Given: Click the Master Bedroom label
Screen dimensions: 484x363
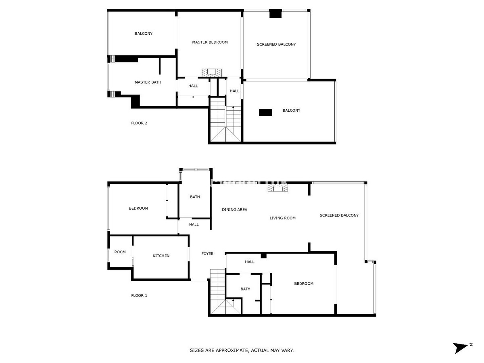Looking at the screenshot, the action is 210,42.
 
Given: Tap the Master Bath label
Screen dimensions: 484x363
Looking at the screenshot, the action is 148,82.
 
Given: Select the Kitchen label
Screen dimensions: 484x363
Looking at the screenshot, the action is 161,256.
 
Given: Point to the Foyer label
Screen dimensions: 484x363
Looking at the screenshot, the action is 207,254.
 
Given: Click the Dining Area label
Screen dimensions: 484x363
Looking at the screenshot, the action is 234,210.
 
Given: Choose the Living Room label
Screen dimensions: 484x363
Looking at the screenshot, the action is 282,218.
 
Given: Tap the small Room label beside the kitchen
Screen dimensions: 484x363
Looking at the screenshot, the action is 120,252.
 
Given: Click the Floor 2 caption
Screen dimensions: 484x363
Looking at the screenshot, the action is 139,123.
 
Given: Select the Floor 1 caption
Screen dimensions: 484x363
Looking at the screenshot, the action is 139,295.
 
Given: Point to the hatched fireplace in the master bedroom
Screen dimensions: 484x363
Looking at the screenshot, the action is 212,73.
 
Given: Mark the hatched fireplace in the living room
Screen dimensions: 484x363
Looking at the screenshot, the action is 278,188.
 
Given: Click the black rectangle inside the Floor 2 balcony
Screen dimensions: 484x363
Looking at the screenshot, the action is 265,113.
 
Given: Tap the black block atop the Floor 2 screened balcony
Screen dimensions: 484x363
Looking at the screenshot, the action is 275,14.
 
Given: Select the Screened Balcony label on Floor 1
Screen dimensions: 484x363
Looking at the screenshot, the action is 339,215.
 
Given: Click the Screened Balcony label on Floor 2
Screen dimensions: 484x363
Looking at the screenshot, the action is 276,44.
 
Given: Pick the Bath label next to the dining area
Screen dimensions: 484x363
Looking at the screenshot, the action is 195,197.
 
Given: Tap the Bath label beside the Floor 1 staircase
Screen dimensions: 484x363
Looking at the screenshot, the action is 245,289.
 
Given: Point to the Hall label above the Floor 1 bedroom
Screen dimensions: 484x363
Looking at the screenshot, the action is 250,262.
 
